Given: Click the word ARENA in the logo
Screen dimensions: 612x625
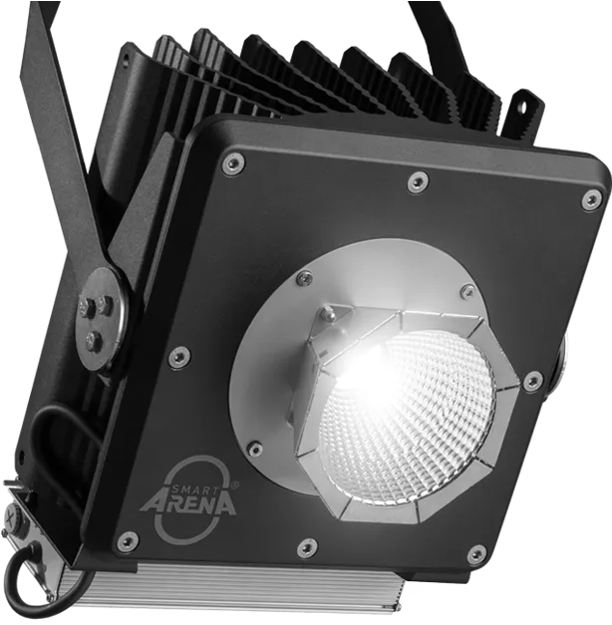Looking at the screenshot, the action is (187, 504).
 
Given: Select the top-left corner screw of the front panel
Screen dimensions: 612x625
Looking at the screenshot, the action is (232, 162).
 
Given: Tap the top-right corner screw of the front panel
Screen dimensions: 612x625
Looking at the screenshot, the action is (592, 199).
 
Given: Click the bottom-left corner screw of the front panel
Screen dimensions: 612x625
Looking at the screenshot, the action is (127, 541).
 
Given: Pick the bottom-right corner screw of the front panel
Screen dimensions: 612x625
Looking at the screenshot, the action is (476, 554).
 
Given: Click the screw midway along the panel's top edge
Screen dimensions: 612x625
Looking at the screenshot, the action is (418, 181).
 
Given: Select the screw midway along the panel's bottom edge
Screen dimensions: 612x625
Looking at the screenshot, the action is (308, 547).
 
